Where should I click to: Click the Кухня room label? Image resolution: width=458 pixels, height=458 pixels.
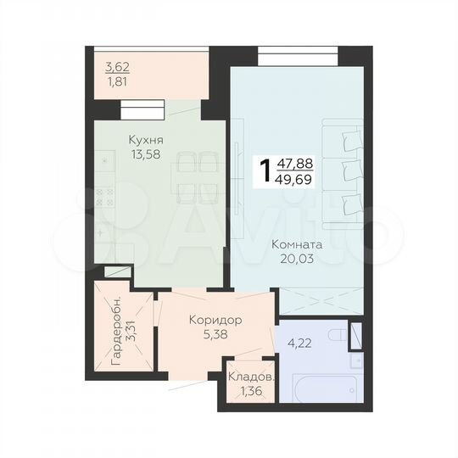tap(146, 140)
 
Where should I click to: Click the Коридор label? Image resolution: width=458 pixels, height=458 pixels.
tap(216, 321)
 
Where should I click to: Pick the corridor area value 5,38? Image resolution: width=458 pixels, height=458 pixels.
tap(215, 334)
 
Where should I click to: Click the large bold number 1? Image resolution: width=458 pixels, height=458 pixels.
tap(266, 171)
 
